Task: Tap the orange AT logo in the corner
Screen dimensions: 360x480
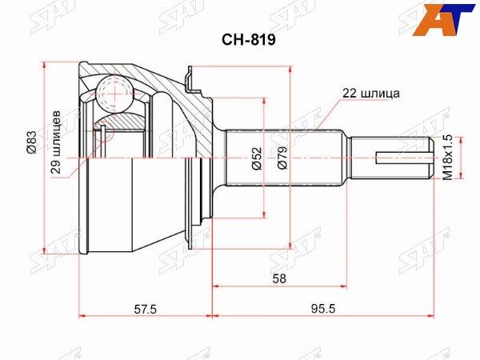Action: [x=455, y=15]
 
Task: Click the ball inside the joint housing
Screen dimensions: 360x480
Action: [x=114, y=91]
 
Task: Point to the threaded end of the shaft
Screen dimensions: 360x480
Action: [x=392, y=157]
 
